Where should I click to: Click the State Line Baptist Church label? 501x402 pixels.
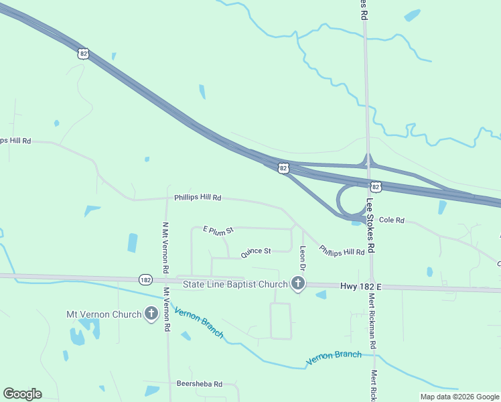(x=235, y=285)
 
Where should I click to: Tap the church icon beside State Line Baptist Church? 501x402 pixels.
(x=298, y=285)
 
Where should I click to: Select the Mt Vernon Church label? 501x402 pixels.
(x=104, y=314)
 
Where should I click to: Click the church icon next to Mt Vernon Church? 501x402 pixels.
(x=151, y=314)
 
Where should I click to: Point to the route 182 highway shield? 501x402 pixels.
(x=146, y=279)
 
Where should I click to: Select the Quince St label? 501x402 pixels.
(x=256, y=251)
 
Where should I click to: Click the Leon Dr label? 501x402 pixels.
(x=303, y=258)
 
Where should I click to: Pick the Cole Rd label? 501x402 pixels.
(x=392, y=220)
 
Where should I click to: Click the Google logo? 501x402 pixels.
(x=22, y=394)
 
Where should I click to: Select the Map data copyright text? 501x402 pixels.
(x=460, y=397)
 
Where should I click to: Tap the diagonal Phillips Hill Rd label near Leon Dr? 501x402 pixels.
(x=342, y=251)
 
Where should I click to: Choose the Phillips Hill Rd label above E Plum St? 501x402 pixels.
(x=198, y=198)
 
